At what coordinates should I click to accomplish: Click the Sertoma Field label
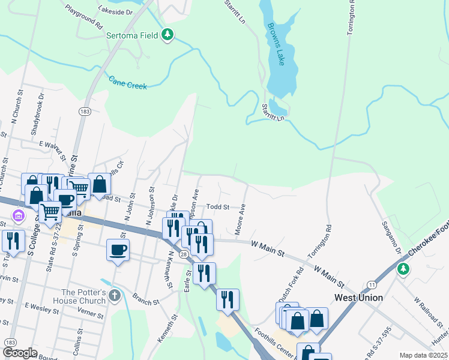pyautogui.click(x=132, y=36)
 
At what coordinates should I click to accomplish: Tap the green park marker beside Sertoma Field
pyautogui.click(x=169, y=35)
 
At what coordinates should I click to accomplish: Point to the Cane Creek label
pyautogui.click(x=128, y=82)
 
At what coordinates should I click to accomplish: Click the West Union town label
pyautogui.click(x=359, y=298)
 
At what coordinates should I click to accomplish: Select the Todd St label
pyautogui.click(x=218, y=207)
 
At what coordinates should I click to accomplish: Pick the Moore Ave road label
pyautogui.click(x=241, y=219)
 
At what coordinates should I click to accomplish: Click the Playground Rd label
pyautogui.click(x=84, y=16)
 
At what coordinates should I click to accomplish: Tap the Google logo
pyautogui.click(x=20, y=353)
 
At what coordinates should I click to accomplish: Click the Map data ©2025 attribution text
pyautogui.click(x=424, y=355)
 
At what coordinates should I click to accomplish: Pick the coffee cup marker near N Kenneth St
pyautogui.click(x=118, y=249)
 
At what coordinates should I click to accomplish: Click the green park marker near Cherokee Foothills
pyautogui.click(x=404, y=269)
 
